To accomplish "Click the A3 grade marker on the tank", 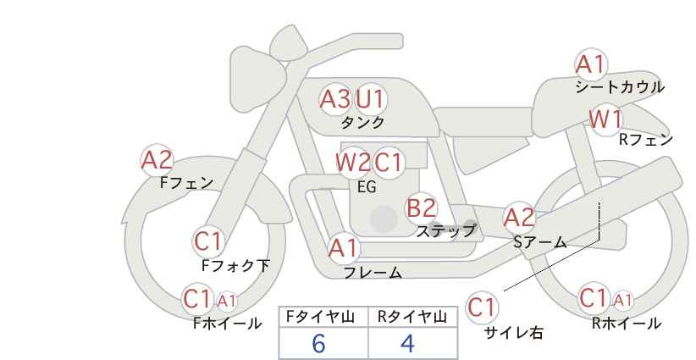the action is pos(334,99).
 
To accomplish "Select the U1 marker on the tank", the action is pos(371,98).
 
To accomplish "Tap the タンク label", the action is pos(362,122).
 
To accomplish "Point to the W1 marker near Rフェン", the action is pos(606,119).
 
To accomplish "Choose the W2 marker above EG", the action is pos(353,162).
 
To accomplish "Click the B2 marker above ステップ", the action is pos(421,208).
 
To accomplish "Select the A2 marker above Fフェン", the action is pos(157,160).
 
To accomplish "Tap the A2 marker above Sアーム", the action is pos(519,218).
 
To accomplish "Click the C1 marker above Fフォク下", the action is pos(208,242).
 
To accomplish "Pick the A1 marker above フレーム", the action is pos(343,248).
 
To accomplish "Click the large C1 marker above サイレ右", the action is pos(482,307).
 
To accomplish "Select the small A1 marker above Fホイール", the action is pos(226,302).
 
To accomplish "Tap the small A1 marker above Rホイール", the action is pos(622,301).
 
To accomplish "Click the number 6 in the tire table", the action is pos(318,343).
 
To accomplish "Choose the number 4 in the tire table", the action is pos(407,343).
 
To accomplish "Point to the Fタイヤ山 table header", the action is pos(320,317).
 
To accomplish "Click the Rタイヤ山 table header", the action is pos(412,317).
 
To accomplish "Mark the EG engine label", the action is pos(367,187).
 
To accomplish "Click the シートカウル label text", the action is pos(620,86).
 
